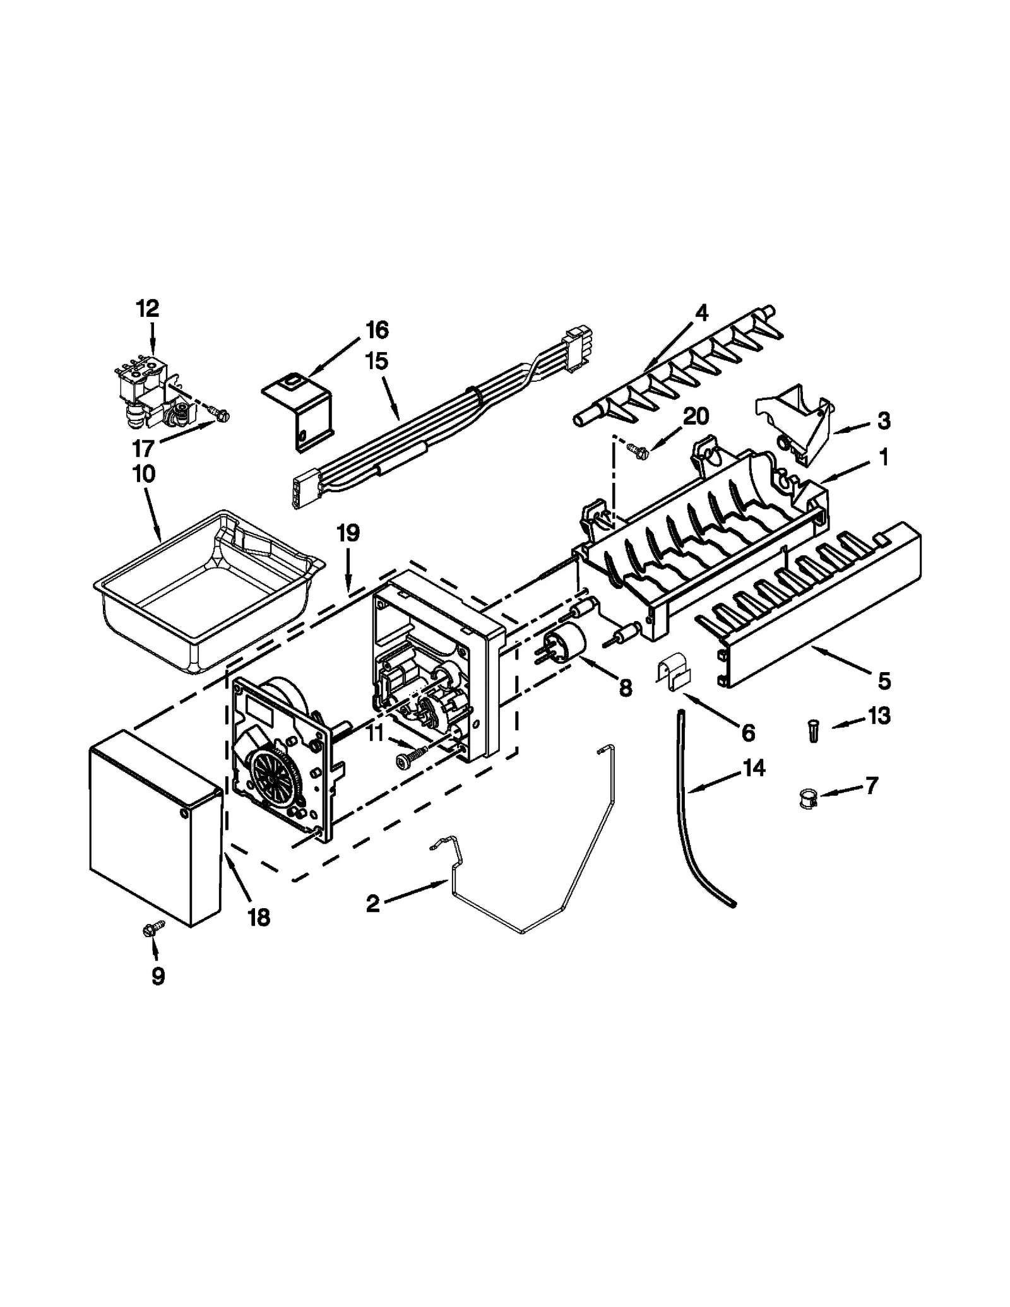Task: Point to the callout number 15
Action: [376, 361]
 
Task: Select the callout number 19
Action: [348, 533]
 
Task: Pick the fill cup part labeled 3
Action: [797, 417]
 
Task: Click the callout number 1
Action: [884, 457]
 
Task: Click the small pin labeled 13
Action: [812, 733]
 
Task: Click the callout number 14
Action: [754, 768]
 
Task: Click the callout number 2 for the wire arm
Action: [372, 904]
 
